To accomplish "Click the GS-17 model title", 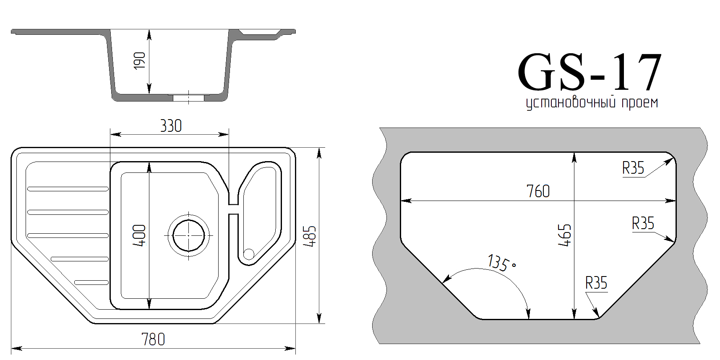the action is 590,72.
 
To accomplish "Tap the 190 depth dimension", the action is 140,61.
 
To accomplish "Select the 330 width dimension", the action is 171,126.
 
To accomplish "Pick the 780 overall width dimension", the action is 153,339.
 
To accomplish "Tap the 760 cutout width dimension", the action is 538,191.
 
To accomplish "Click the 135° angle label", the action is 502,263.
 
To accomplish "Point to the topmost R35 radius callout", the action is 633,168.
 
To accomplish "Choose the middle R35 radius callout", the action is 643,223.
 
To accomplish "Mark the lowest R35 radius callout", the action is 596,283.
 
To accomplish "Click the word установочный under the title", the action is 571,103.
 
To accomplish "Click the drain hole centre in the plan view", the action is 189,235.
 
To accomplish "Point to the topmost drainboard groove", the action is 68,189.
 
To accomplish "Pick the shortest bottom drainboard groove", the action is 91,282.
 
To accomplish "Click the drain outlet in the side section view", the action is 189,98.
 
